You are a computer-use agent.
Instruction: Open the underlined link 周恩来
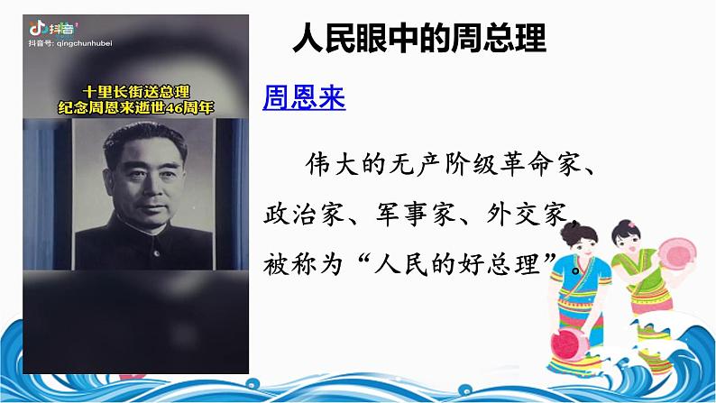304,97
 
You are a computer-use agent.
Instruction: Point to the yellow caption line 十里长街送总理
134,91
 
